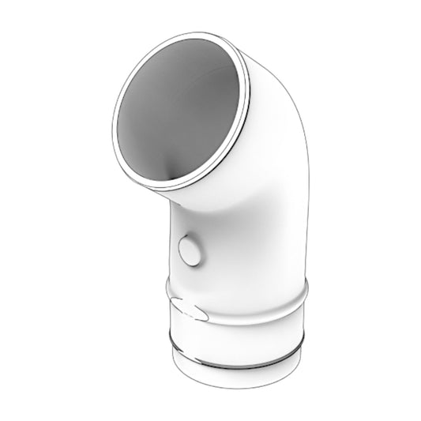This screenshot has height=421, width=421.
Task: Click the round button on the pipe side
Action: point(190,251)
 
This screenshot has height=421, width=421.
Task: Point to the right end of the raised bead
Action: point(306,286)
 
